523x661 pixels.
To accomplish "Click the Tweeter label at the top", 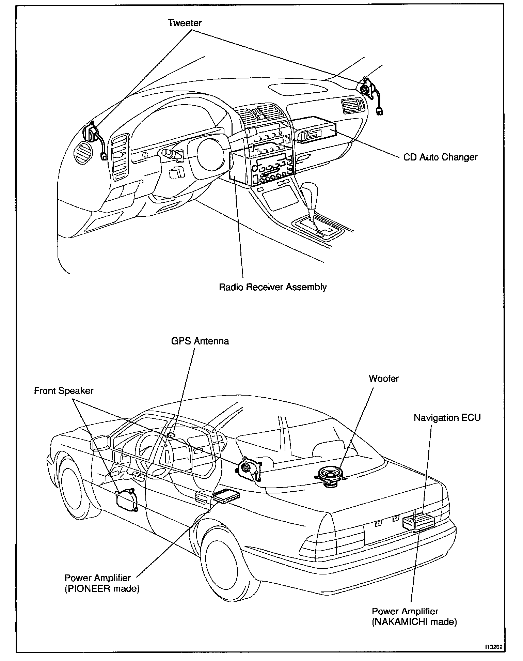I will pos(185,23).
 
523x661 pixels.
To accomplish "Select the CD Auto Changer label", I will pos(440,157).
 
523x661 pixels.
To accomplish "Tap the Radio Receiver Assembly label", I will pos(272,287).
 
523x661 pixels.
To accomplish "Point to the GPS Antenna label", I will pos(200,341).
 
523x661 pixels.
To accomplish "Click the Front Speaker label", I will pos(64,390).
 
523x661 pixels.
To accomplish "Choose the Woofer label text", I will pos(383,379).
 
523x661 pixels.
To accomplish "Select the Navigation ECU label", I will pos(447,418).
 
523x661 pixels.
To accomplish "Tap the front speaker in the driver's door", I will pos(126,501).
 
